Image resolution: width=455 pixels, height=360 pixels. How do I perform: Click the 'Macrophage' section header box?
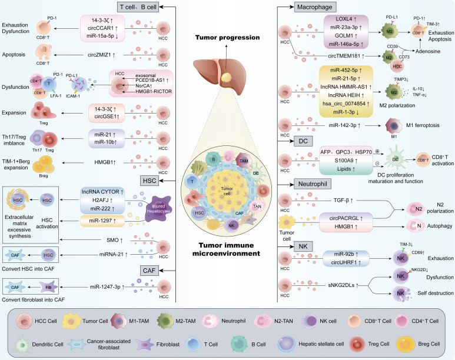(314, 7)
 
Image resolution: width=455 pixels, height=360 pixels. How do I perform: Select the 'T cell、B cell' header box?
(138, 7)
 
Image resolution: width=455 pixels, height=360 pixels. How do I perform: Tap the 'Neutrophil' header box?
(313, 184)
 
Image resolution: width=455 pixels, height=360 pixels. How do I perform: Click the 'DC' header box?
(303, 141)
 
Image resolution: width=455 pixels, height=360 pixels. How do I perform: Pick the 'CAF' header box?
(149, 271)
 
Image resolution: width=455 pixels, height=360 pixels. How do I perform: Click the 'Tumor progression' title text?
(227, 38)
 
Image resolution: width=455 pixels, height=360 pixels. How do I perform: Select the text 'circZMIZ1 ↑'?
(102, 55)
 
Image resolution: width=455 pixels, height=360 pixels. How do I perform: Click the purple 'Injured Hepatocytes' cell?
(158, 209)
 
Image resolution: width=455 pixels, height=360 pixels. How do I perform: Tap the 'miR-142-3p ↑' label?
(344, 125)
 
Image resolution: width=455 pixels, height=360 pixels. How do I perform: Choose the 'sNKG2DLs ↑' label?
(343, 285)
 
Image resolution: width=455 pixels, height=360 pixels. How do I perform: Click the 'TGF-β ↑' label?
(343, 200)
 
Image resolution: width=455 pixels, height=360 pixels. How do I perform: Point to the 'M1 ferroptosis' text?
(423, 125)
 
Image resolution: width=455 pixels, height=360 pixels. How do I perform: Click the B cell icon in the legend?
(239, 344)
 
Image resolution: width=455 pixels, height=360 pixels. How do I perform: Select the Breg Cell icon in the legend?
(404, 344)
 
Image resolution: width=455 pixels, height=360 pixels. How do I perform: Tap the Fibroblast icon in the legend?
(145, 344)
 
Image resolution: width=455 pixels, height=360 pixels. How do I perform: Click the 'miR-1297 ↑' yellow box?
(102, 221)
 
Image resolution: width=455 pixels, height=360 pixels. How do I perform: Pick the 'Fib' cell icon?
(48, 287)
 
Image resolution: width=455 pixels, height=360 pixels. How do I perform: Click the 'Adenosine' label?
(428, 51)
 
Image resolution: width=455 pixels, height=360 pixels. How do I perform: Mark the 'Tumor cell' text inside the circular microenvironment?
(227, 191)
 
